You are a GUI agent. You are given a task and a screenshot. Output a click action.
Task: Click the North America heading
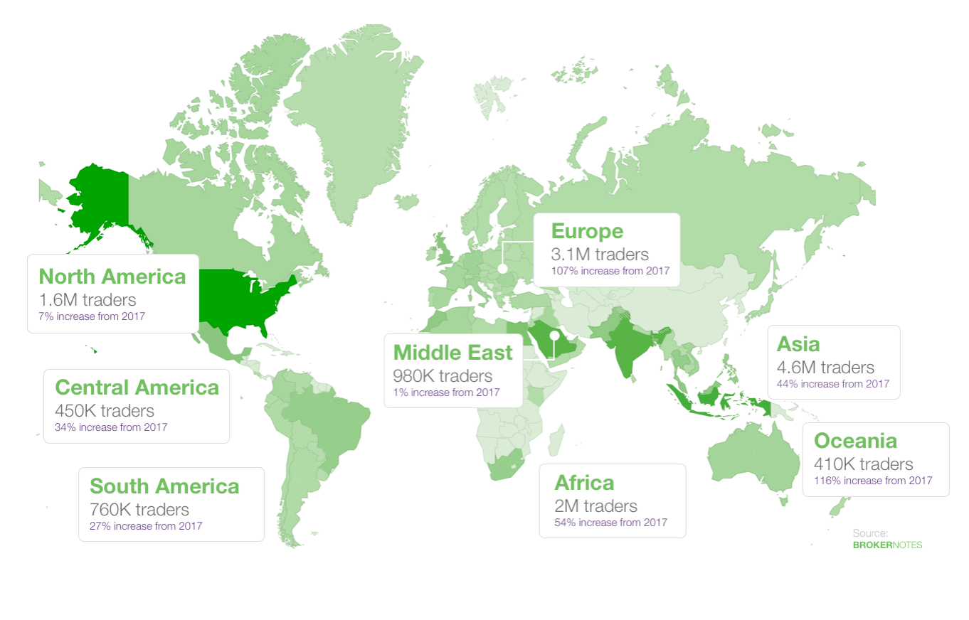coord(112,277)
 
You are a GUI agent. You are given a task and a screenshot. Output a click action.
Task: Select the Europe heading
coord(587,231)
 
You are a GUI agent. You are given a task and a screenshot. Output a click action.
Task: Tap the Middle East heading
coord(452,353)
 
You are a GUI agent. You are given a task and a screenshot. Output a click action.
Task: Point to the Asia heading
coord(798,344)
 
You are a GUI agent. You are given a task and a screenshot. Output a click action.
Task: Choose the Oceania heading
coord(855,441)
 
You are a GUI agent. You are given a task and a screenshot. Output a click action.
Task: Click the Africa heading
coord(583,483)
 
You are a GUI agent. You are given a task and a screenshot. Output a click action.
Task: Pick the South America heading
coord(164,486)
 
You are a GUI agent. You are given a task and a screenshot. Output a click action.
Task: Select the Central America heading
coord(137,387)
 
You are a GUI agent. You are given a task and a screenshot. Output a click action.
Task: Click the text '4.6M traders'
coord(825,368)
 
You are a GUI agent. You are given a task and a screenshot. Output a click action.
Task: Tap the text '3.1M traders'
coord(600,254)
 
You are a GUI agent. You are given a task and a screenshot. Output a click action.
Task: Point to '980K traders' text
coord(443,375)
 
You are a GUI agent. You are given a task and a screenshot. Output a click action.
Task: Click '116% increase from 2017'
coord(868,481)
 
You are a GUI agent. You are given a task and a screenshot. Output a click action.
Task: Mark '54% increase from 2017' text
coord(610,523)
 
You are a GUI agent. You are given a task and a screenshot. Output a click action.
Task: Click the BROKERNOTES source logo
coord(886,545)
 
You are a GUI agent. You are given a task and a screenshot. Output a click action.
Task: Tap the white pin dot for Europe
coord(502,269)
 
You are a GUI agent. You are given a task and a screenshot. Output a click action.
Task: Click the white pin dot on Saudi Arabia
coord(554,335)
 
